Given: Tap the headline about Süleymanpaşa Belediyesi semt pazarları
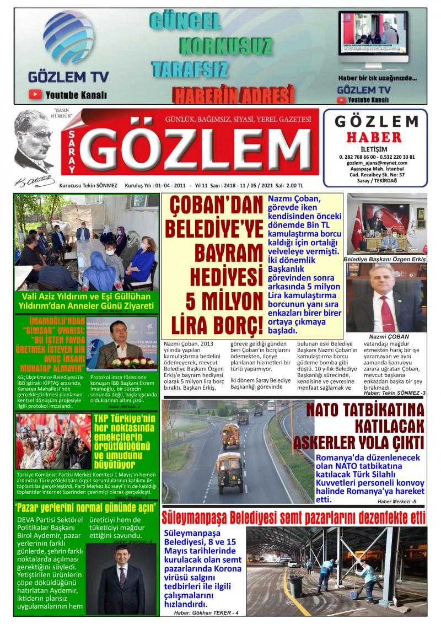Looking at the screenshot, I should click(294, 518).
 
